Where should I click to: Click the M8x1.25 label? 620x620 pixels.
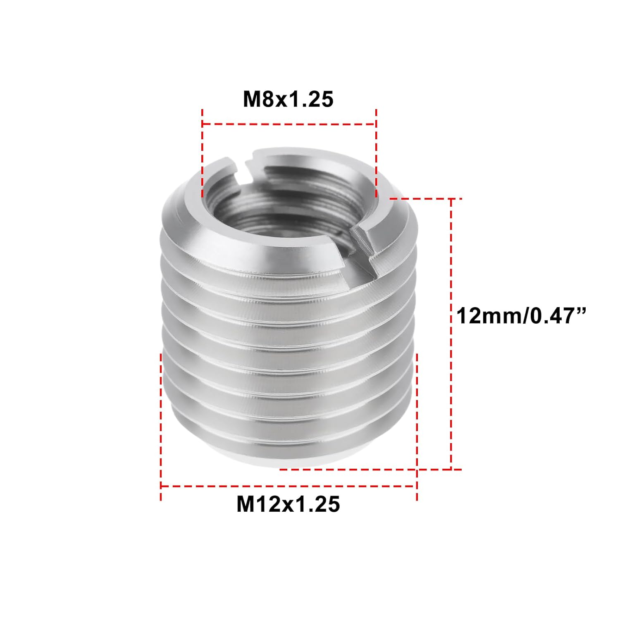[x=288, y=100]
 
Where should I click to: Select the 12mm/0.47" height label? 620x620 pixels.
[x=522, y=317]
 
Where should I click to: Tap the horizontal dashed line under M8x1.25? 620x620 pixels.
[x=288, y=124]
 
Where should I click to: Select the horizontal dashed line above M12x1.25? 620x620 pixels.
[x=288, y=486]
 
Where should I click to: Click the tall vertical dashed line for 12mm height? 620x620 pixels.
[x=451, y=331]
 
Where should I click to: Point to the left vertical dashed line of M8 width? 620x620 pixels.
[x=202, y=153]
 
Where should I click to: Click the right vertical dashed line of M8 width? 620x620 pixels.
[x=376, y=153]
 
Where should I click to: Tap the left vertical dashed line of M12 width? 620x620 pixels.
[x=161, y=426]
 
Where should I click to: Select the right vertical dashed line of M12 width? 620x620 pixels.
[x=417, y=426]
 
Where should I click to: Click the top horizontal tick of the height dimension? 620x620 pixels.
[x=426, y=199]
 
